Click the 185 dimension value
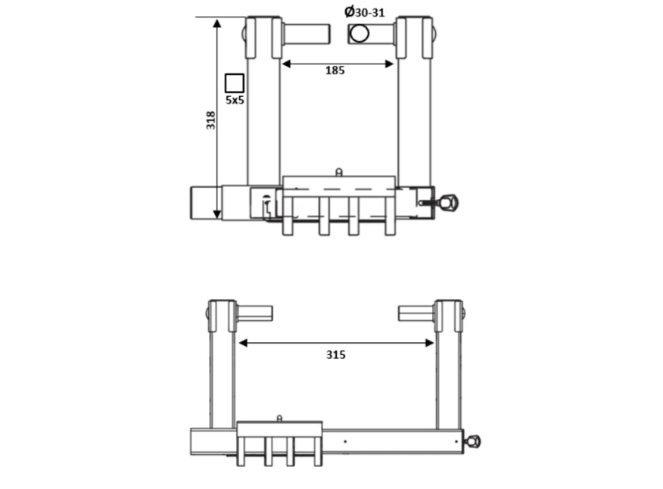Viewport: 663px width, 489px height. click(335, 70)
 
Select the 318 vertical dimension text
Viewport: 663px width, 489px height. click(210, 120)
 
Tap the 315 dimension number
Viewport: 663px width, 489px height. click(336, 354)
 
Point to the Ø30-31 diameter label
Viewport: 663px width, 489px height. click(365, 12)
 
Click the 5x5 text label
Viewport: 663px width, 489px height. click(235, 100)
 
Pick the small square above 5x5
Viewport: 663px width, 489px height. click(235, 83)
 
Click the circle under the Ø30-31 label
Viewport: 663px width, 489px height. click(360, 33)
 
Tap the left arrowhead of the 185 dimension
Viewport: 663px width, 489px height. click(286, 64)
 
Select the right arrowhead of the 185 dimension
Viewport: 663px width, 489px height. click(390, 64)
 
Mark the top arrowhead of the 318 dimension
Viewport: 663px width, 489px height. click(217, 23)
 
